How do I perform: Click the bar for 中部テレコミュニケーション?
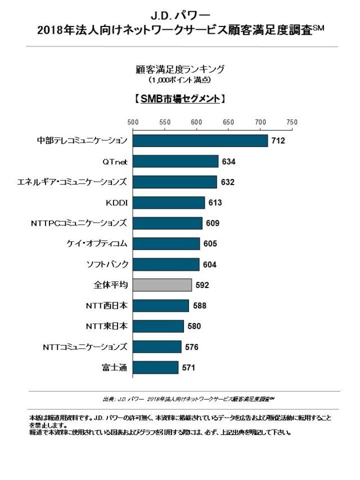[x=200, y=141]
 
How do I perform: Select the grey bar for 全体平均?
[x=163, y=285]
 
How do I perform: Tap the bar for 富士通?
[x=156, y=367]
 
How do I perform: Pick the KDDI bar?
[x=169, y=203]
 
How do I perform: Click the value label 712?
[x=278, y=141]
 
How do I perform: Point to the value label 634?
[x=228, y=162]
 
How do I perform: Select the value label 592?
[x=202, y=285]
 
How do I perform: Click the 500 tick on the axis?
[x=133, y=122]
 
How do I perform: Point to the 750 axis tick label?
[x=291, y=122]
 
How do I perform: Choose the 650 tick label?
[x=228, y=122]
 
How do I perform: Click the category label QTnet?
[x=115, y=162]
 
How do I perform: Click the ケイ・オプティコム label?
[x=97, y=244]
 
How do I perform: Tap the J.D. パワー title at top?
[x=180, y=13]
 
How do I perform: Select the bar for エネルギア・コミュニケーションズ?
[x=175, y=182]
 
